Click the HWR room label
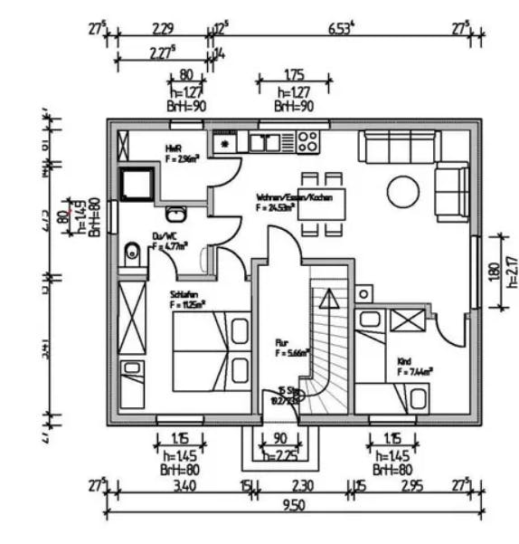point(174,148)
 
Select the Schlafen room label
point(184,294)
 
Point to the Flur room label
point(281,343)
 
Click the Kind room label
point(404,361)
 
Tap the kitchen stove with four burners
point(307,142)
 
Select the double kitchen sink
point(264,142)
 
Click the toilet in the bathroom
point(132,254)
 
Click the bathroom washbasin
point(176,214)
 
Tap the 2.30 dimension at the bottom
point(303,487)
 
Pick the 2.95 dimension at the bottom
point(412,487)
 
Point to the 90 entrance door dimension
point(279,440)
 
